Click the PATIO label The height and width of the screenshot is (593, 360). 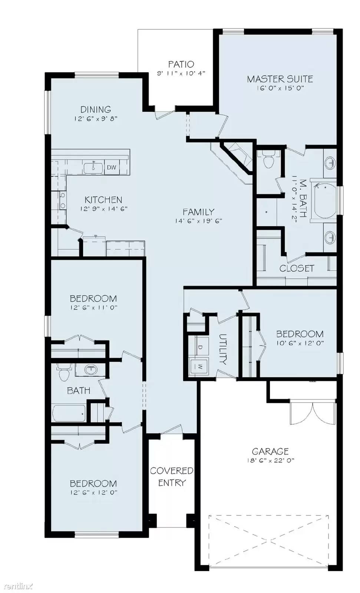(181, 64)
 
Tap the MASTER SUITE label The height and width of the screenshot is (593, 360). (280, 79)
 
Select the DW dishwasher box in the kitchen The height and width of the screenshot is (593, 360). (112, 168)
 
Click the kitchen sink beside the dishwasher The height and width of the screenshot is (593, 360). (93, 168)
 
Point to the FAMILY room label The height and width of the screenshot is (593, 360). (198, 212)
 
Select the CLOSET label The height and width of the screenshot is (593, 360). (297, 268)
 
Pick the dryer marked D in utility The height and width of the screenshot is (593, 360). (199, 347)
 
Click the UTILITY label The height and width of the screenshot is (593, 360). (223, 349)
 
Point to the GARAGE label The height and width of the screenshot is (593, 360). (270, 451)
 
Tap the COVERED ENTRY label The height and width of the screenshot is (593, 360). (172, 477)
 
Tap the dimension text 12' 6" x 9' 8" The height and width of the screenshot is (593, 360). (96, 119)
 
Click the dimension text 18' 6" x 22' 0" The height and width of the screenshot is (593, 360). (270, 461)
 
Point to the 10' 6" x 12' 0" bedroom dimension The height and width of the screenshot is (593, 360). (300, 343)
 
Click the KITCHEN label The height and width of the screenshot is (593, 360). (103, 200)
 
